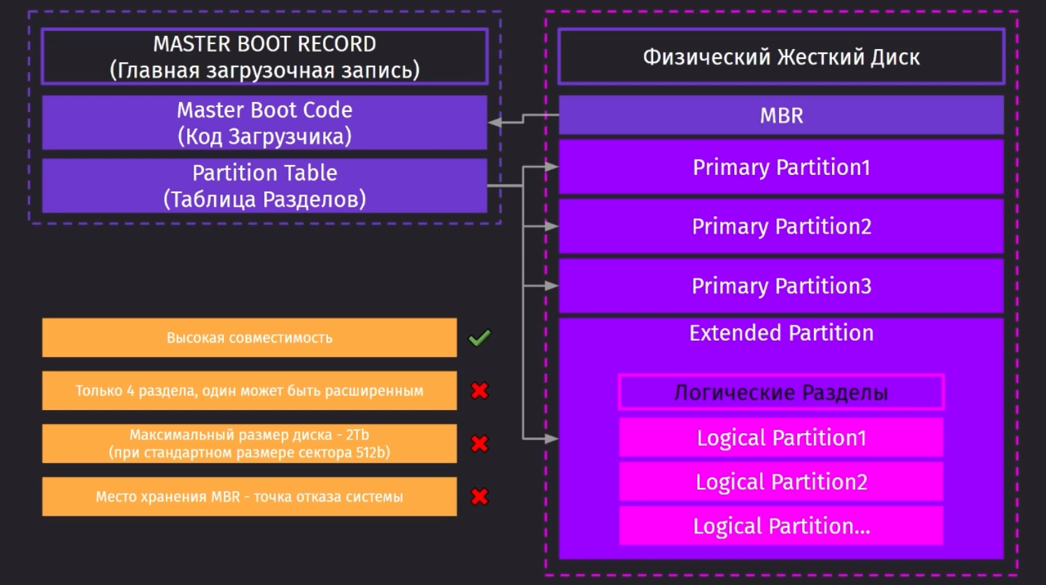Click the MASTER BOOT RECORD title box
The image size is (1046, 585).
click(265, 57)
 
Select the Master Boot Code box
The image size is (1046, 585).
click(265, 123)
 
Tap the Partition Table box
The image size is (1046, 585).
click(265, 185)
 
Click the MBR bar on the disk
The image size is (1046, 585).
click(781, 115)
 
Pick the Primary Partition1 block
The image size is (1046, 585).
click(781, 167)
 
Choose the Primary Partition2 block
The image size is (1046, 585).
click(781, 226)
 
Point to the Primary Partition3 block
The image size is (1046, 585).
click(781, 286)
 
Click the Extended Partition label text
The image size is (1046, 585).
click(781, 333)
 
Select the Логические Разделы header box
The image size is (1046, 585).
click(781, 392)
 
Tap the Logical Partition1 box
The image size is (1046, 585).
click(781, 437)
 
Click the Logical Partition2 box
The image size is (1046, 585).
click(781, 481)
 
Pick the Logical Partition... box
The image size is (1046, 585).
click(781, 526)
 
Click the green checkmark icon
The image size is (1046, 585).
click(480, 338)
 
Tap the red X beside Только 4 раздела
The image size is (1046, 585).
click(480, 390)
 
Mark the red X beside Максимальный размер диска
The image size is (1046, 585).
click(480, 444)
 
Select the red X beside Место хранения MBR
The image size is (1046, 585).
click(480, 496)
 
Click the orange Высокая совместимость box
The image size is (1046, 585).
click(250, 338)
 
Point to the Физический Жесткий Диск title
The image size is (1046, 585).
click(781, 57)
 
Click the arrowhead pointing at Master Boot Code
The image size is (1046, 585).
click(494, 122)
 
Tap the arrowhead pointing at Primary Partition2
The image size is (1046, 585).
click(552, 226)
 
